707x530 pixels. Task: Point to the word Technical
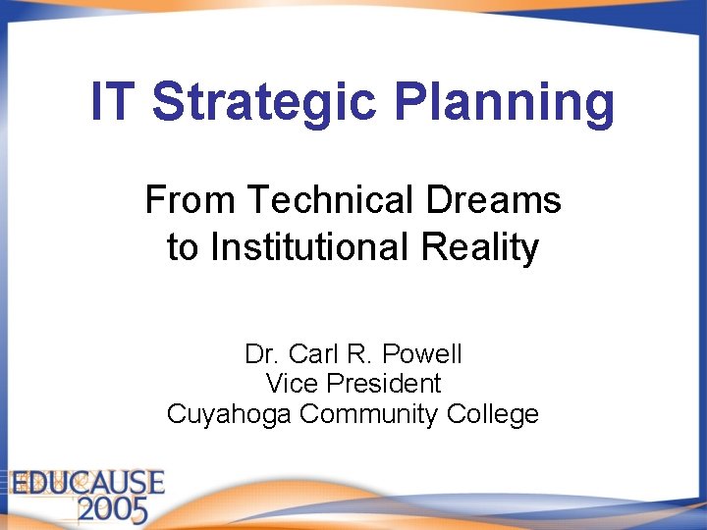pos(332,200)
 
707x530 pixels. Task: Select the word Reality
pos(480,249)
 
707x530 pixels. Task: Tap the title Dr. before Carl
pos(260,353)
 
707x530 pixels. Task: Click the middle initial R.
pos(356,353)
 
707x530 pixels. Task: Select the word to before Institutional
pos(182,247)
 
